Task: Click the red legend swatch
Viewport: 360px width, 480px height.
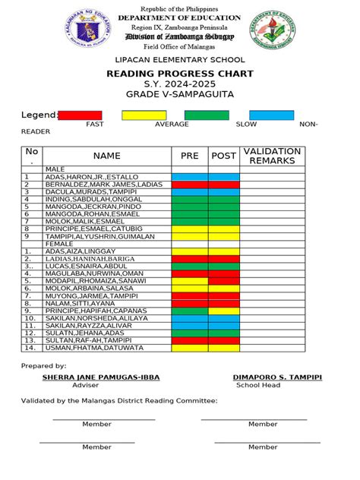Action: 80,115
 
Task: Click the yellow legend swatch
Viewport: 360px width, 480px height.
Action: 144,115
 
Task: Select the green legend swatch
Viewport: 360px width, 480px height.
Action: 207,115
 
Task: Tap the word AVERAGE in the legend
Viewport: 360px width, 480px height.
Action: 172,124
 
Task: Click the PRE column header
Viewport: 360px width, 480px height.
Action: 189,156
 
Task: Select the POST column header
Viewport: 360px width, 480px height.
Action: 223,156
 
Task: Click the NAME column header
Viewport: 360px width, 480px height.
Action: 107,156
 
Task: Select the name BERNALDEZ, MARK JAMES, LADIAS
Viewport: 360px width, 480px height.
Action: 104,185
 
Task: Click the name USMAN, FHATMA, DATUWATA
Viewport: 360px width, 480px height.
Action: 94,348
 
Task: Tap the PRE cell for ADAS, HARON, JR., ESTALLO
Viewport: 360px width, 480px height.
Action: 189,177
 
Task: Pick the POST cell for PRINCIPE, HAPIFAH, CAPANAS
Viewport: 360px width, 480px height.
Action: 223,311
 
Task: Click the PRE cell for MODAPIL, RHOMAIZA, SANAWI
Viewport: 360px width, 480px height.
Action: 189,281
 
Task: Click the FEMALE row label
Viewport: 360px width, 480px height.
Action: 59,244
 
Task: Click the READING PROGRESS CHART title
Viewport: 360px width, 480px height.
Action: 180,74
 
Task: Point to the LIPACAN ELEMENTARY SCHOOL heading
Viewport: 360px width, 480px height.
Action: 180,59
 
